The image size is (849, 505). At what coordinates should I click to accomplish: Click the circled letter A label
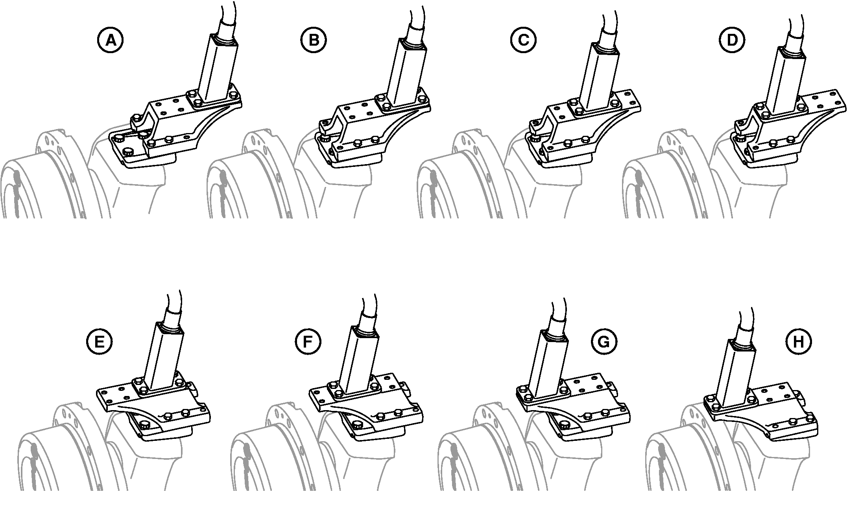pos(111,40)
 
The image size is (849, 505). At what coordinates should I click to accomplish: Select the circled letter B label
pos(314,40)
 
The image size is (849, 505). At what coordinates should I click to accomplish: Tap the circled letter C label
pos(524,40)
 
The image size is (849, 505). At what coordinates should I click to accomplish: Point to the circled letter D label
pos(731,40)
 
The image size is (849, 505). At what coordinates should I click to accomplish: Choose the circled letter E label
pos(99,342)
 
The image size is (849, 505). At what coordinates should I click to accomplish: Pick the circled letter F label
pos(308,342)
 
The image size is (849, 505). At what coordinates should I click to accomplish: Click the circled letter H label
pos(798,342)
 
